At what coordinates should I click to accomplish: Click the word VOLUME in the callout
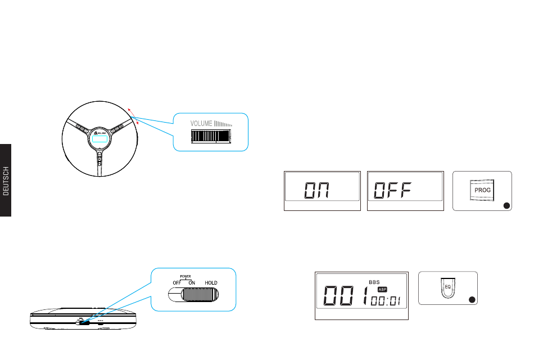201,123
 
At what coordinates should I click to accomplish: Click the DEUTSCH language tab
6,180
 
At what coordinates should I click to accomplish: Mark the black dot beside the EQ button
472,300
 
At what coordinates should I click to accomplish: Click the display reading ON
321,191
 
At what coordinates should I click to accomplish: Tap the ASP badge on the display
382,289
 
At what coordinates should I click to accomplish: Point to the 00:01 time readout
386,300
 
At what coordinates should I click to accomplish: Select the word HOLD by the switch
211,282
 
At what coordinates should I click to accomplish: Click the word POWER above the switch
185,277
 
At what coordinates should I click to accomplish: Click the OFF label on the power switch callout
175,282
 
